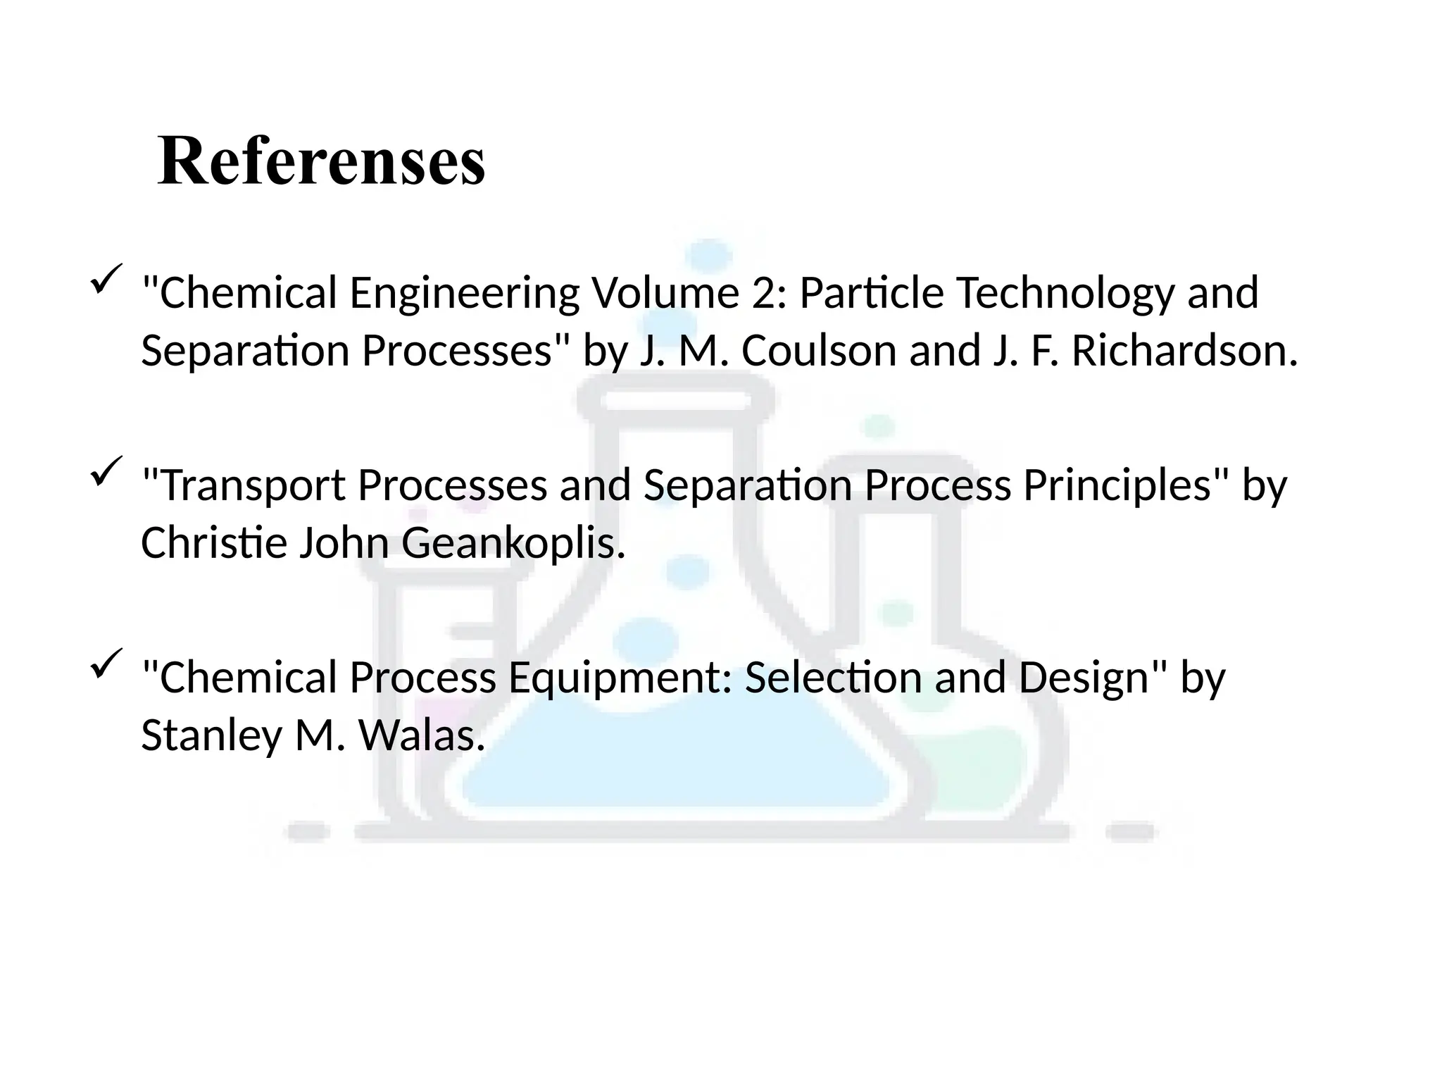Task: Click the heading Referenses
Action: coord(321,161)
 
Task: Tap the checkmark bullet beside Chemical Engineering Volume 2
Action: coord(106,279)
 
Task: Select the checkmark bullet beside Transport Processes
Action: coord(106,471)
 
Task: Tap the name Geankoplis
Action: coord(513,543)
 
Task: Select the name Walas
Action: coord(422,735)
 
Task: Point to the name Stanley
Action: coord(211,735)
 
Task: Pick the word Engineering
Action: coord(464,293)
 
